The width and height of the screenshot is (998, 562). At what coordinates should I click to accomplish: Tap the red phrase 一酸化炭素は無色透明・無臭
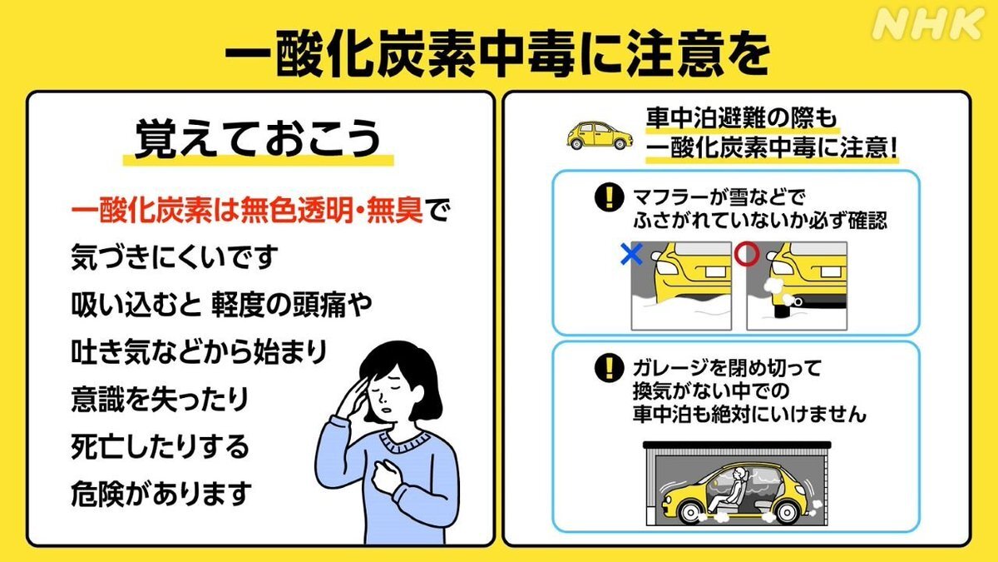click(249, 211)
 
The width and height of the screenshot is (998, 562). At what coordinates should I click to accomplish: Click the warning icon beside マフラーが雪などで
click(610, 198)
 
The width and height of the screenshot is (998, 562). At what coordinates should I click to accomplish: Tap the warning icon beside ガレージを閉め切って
click(610, 367)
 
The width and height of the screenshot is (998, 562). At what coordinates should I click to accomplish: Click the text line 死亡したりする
click(161, 448)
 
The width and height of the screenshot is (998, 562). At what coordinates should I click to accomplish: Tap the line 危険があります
click(161, 495)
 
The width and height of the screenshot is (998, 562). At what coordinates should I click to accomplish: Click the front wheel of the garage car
click(785, 509)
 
